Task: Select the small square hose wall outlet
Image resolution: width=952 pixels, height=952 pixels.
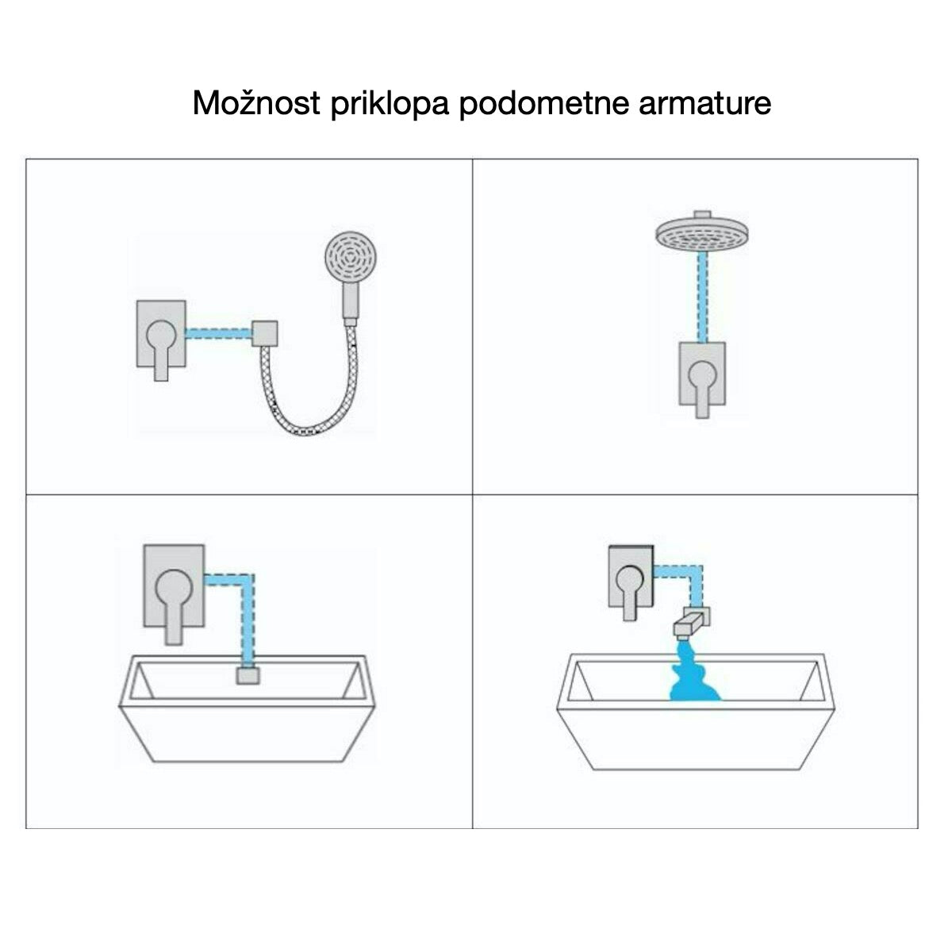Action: coord(264,333)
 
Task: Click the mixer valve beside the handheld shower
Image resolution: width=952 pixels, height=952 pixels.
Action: coord(161,334)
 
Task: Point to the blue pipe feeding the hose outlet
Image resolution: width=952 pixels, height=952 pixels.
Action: coord(219,333)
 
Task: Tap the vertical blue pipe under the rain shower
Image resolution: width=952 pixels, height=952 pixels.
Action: coord(701,297)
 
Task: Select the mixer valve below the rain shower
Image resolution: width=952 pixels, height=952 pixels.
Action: coord(702,374)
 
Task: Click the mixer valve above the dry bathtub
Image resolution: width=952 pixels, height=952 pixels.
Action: coord(174,585)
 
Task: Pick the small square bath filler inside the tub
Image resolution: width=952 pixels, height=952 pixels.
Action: coord(248,676)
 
